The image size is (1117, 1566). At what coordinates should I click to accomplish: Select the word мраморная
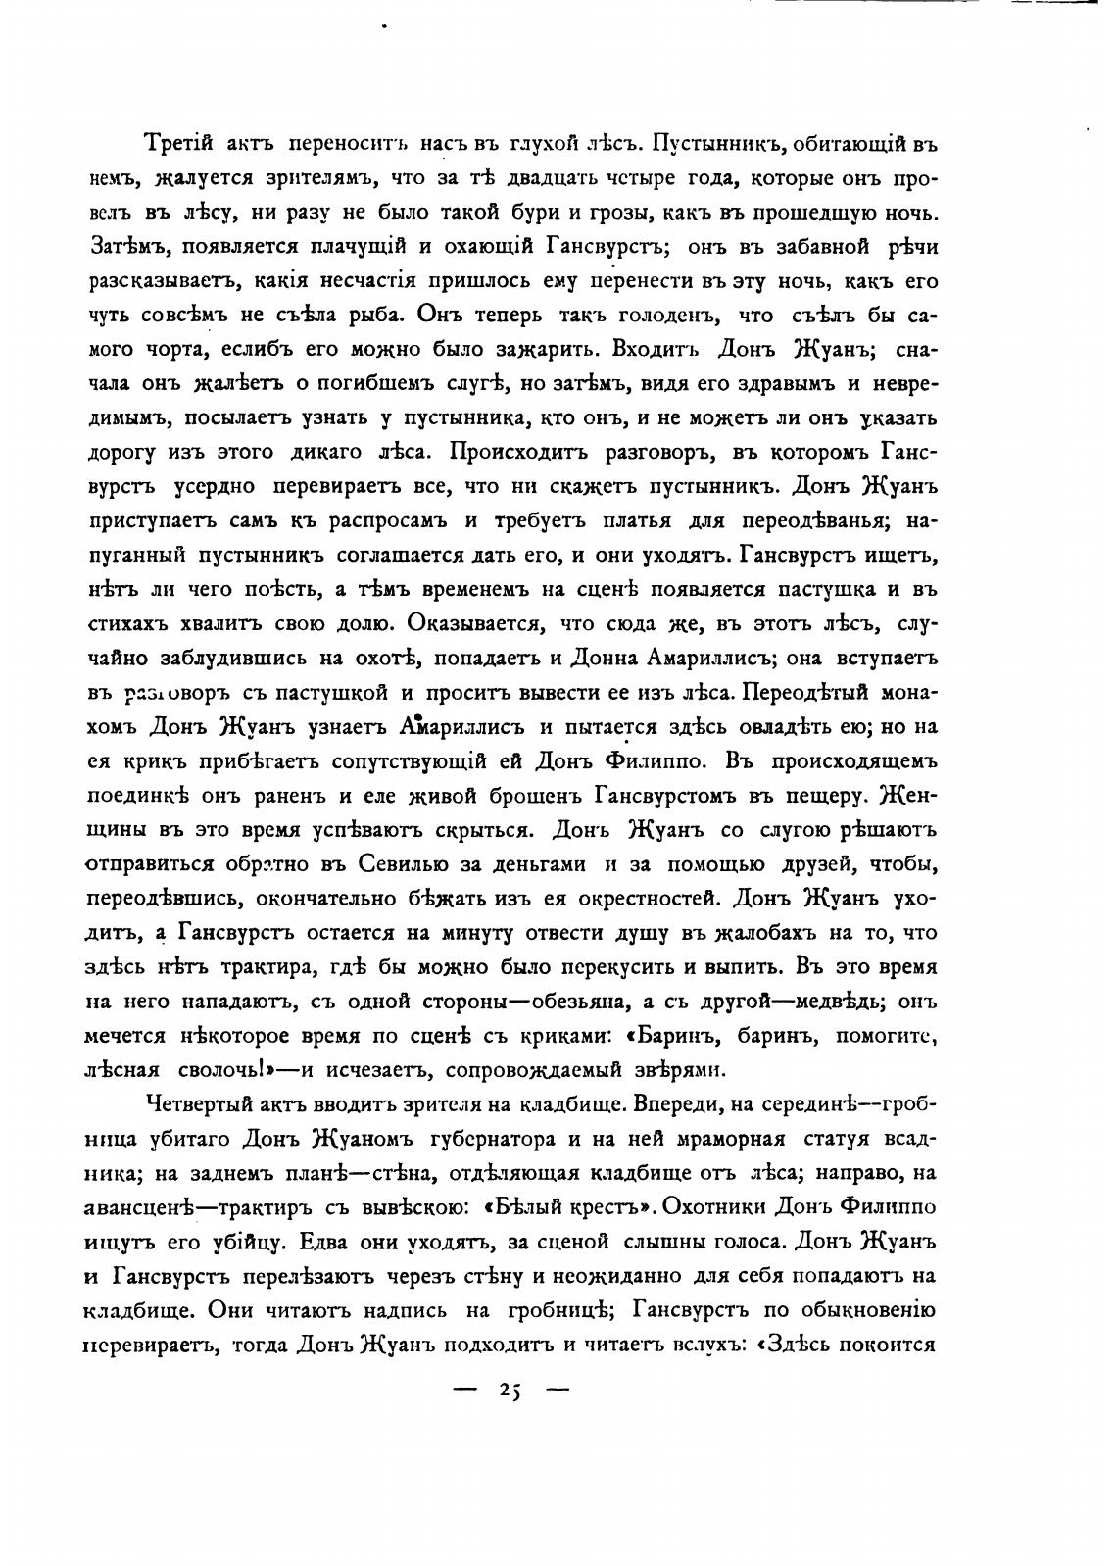[x=728, y=1139]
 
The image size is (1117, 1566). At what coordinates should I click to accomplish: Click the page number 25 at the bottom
[x=510, y=1389]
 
